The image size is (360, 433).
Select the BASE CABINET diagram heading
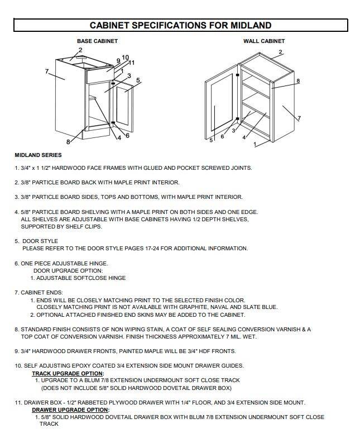click(x=97, y=41)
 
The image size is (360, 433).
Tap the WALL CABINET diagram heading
click(x=264, y=41)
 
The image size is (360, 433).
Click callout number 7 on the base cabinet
click(x=47, y=70)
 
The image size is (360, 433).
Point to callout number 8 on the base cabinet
click(x=68, y=141)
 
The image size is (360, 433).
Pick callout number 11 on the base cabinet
click(x=132, y=62)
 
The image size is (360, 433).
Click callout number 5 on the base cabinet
click(x=138, y=80)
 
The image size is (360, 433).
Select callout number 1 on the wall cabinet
click(x=256, y=144)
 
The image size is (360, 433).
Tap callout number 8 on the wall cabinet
click(x=298, y=80)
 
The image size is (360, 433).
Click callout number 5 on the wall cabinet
click(x=211, y=140)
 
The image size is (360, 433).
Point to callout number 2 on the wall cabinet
click(x=280, y=52)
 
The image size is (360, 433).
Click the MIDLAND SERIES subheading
click(x=38, y=155)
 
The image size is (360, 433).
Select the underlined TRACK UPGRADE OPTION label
click(x=68, y=373)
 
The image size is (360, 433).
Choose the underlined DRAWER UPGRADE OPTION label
click(x=70, y=410)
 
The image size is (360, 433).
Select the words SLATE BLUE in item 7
click(x=262, y=307)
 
